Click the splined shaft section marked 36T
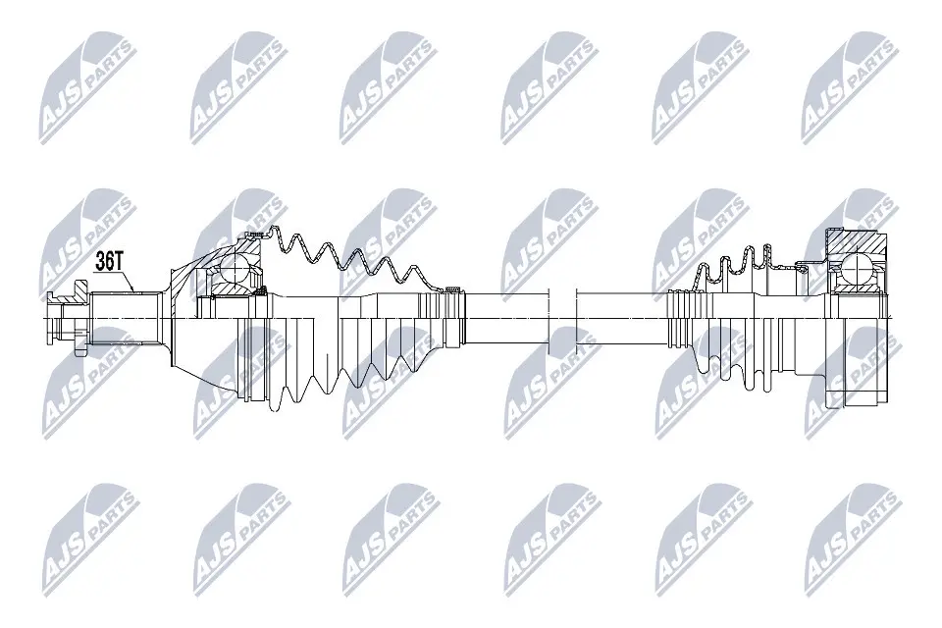pyautogui.click(x=128, y=316)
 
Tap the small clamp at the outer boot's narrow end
pyautogui.click(x=452, y=288)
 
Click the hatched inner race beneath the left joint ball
pyautogui.click(x=234, y=288)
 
